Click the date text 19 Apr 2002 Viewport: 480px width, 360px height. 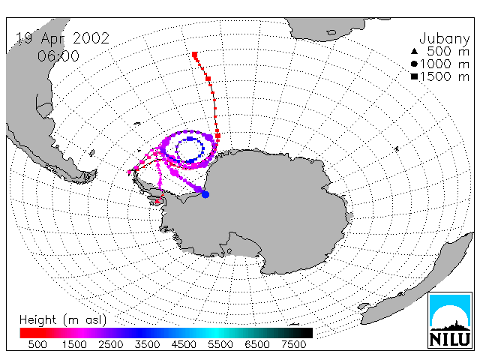62,38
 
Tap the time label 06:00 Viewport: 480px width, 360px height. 58,56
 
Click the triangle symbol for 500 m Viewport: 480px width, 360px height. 414,52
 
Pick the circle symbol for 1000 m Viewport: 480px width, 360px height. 414,64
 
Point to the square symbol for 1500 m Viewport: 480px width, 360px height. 414,76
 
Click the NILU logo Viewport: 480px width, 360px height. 450,320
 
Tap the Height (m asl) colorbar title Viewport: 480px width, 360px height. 63,320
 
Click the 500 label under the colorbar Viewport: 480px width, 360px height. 37,344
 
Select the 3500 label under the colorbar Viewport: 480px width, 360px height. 147,344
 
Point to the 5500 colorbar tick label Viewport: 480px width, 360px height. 220,344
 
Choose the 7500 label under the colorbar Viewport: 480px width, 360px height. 293,344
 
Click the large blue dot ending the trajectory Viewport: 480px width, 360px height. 205,194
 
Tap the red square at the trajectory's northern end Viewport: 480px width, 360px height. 195,55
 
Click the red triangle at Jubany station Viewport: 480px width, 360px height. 157,201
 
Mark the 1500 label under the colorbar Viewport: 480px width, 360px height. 74,344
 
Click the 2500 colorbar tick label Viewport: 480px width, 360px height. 110,344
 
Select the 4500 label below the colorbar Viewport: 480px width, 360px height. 184,344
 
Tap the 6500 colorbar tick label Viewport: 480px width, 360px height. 256,344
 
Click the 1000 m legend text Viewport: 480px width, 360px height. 445,64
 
